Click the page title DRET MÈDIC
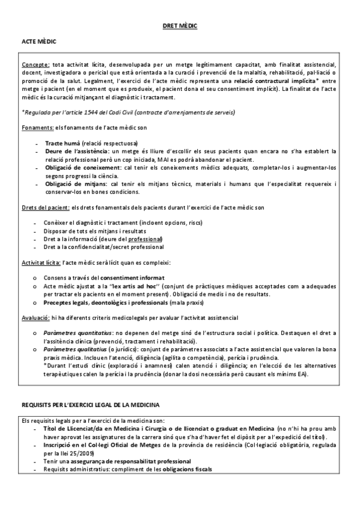[x=180, y=26]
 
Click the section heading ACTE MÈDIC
[x=37, y=43]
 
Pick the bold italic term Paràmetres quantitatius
[x=76, y=332]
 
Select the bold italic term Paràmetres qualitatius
[x=73, y=348]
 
